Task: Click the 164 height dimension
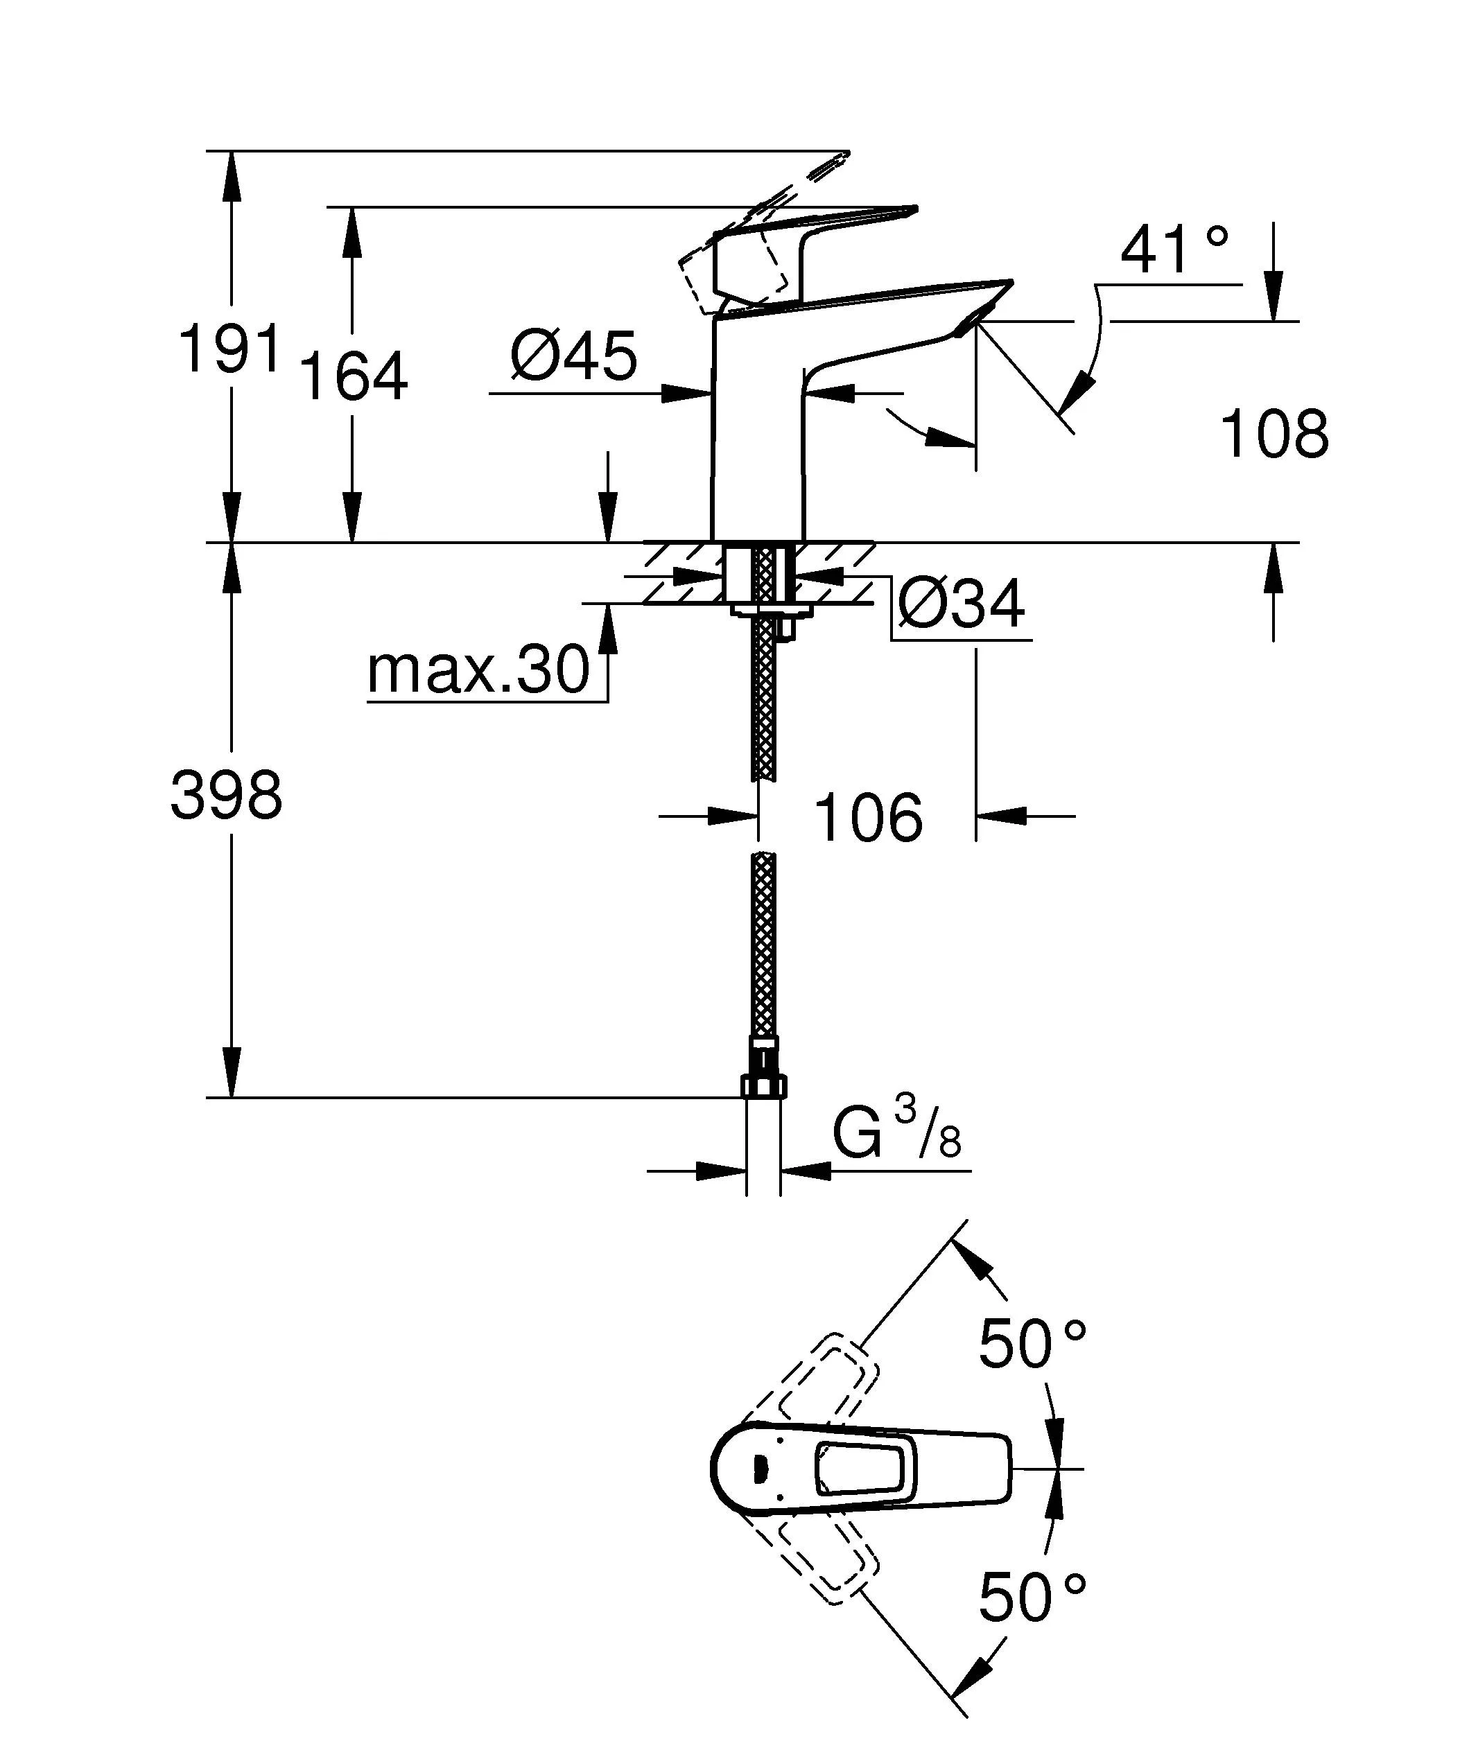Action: (x=354, y=376)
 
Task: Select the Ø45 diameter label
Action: (x=574, y=356)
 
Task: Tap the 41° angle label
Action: (x=1174, y=250)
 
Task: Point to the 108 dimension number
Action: (x=1274, y=434)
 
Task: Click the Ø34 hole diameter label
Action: (x=962, y=605)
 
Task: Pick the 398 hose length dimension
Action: (x=227, y=795)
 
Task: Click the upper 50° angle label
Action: (x=1032, y=1344)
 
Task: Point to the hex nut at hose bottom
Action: (x=763, y=1085)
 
